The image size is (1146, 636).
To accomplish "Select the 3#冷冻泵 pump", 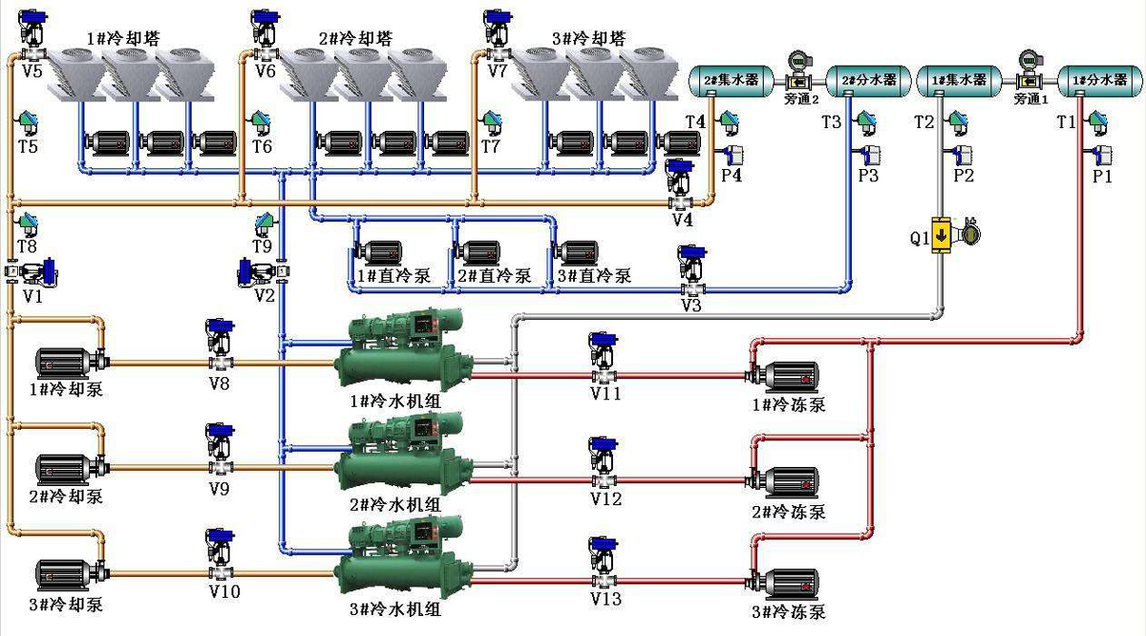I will [786, 582].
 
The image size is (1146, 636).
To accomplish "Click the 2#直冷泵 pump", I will [477, 253].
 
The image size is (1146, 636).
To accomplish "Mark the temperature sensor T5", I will [27, 123].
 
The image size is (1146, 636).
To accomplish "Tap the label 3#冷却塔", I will [589, 39].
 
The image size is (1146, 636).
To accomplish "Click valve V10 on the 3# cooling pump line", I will [220, 555].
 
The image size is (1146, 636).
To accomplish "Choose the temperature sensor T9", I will [264, 224].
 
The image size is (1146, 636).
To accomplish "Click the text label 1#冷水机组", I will [395, 401].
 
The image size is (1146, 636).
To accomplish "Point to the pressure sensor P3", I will [868, 154].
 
